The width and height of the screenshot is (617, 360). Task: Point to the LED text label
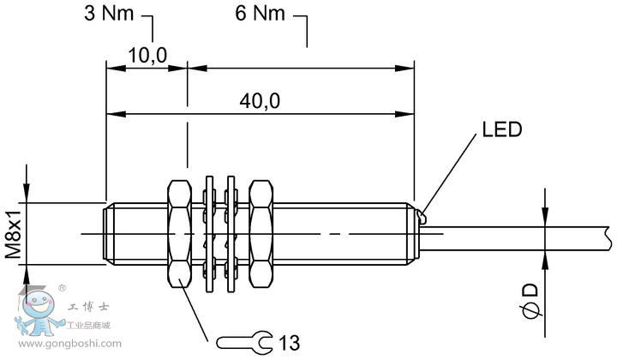[x=501, y=130]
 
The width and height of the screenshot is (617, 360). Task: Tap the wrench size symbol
[x=244, y=343]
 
